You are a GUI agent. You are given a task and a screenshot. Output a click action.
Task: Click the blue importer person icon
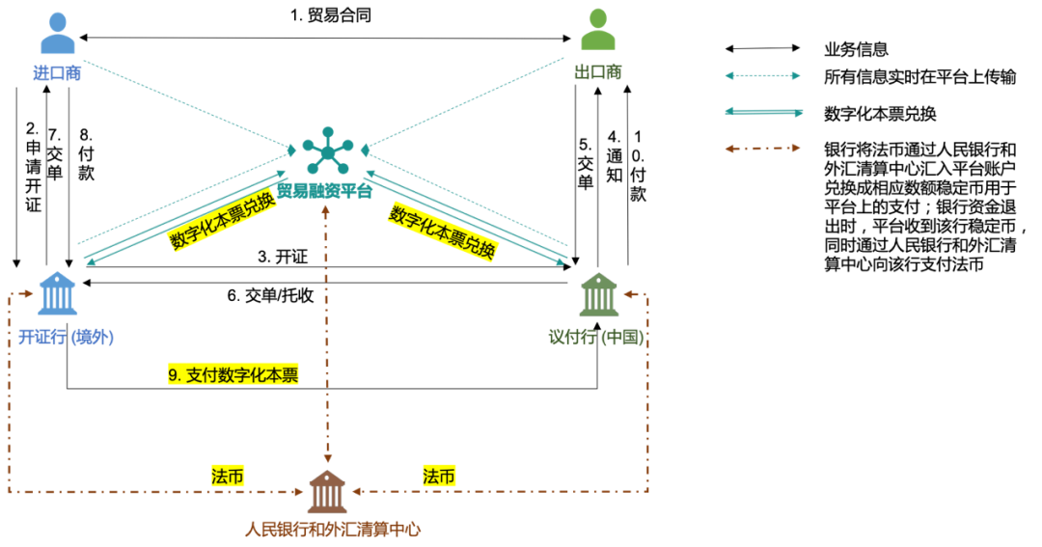[57, 34]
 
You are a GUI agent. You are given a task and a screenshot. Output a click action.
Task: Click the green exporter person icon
[598, 30]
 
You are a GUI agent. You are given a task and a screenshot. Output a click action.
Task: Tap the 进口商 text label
[57, 73]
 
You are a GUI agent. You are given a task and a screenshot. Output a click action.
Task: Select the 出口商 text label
[598, 72]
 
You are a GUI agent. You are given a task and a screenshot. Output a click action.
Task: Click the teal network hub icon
[328, 150]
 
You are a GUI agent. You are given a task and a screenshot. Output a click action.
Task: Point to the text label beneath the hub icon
[324, 190]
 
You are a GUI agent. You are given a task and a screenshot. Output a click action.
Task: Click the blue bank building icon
[58, 293]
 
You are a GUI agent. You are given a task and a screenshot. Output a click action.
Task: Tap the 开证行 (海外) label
[66, 338]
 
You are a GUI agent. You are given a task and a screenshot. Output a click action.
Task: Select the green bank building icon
[598, 294]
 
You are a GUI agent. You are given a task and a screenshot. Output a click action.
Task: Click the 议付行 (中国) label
[595, 338]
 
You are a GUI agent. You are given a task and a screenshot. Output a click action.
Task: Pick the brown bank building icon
[327, 492]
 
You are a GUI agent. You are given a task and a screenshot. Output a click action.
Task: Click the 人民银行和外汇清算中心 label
[332, 530]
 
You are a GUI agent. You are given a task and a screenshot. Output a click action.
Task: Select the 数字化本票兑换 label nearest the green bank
[443, 232]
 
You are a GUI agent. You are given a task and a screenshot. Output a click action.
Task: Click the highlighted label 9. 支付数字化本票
[233, 374]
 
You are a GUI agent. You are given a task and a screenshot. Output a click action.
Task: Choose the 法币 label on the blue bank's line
[228, 476]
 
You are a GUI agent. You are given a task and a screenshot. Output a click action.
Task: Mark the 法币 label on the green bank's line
[439, 476]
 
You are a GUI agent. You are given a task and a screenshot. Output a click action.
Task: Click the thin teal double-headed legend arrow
[763, 75]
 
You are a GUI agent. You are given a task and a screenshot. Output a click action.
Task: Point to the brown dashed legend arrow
[763, 149]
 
